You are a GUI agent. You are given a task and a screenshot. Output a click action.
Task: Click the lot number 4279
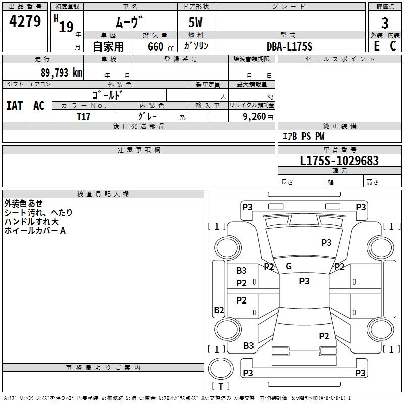(x=25, y=22)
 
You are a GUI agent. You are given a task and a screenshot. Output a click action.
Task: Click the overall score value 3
(x=385, y=23)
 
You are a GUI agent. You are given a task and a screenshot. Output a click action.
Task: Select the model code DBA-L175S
(x=289, y=46)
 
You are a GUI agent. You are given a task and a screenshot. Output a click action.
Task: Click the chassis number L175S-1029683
(x=339, y=161)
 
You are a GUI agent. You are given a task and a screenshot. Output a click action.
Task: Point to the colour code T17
(x=84, y=116)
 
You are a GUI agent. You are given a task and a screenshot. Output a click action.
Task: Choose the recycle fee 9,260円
(x=257, y=117)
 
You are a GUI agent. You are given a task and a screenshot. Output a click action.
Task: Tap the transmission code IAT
(x=14, y=105)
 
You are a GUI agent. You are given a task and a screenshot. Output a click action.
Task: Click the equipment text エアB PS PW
(x=303, y=136)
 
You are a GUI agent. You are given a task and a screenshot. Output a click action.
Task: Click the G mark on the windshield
(x=289, y=266)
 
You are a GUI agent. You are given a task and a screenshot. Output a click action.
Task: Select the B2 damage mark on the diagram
(x=219, y=310)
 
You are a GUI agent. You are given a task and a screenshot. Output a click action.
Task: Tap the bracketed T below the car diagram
(x=221, y=386)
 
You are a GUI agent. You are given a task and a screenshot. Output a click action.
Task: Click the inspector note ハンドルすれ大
(x=31, y=222)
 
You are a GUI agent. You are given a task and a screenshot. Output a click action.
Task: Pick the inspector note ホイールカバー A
(x=35, y=231)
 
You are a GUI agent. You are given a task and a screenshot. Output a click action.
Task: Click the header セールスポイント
(x=340, y=59)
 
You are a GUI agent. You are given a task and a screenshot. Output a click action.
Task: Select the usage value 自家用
(x=108, y=46)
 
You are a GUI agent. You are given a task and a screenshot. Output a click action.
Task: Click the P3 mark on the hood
(x=326, y=243)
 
